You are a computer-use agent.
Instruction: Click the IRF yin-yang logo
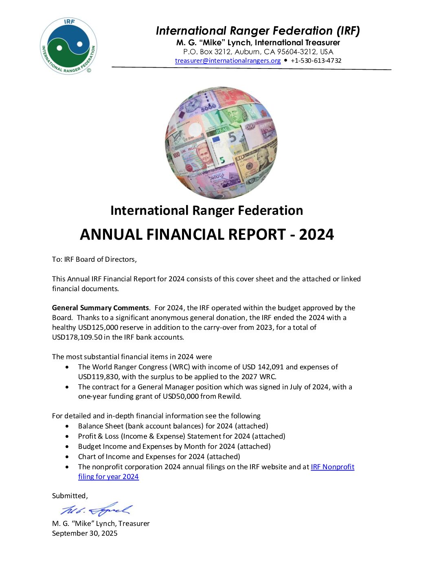[x=68, y=46]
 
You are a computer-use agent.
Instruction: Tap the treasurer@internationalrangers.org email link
[x=228, y=61]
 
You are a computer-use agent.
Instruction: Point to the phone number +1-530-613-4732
[x=316, y=61]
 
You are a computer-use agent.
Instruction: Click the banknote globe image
[x=221, y=143]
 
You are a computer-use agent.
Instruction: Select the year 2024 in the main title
[x=316, y=234]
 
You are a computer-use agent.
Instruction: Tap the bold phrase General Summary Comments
[x=100, y=308]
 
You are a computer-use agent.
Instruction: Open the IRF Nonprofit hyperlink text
[x=332, y=467]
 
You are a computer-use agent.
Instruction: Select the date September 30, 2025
[x=85, y=533]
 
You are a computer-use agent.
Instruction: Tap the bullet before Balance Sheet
[x=67, y=426]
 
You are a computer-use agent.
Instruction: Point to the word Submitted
[x=69, y=496]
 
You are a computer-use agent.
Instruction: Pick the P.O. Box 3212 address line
[x=258, y=52]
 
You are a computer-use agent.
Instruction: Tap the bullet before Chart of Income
[x=67, y=457]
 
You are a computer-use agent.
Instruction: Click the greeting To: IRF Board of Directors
[x=94, y=259]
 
